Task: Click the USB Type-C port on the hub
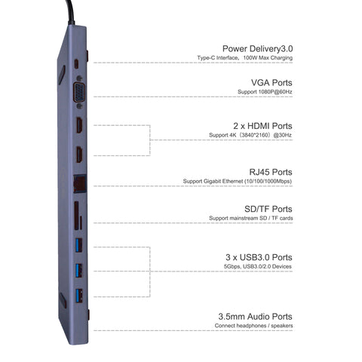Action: [x=76, y=64]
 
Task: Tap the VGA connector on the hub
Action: [x=79, y=92]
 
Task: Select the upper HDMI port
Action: [x=79, y=125]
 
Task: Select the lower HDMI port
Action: [x=79, y=154]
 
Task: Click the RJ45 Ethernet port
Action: [x=80, y=183]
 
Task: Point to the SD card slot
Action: [x=76, y=215]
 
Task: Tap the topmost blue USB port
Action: [x=79, y=245]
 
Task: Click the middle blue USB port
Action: [x=79, y=270]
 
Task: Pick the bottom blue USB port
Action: [x=79, y=296]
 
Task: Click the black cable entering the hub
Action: [x=70, y=12]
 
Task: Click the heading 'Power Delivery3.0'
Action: [x=258, y=48]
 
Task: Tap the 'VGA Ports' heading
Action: [x=271, y=83]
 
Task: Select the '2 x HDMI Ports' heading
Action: [x=262, y=126]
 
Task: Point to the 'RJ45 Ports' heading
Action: [x=271, y=172]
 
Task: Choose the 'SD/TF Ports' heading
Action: [x=268, y=209]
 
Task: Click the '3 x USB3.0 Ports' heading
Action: [x=259, y=257]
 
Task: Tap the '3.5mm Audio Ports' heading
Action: [x=255, y=317]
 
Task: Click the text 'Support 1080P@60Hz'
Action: [x=265, y=92]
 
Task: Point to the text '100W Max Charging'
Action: [x=268, y=57]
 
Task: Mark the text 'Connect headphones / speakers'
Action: [x=253, y=326]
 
